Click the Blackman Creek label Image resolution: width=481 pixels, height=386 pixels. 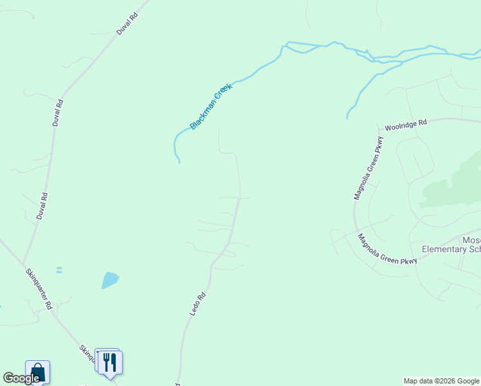pyautogui.click(x=210, y=106)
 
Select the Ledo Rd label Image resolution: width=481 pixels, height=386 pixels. pyautogui.click(x=197, y=304)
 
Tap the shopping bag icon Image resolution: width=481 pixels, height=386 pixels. pyautogui.click(x=37, y=372)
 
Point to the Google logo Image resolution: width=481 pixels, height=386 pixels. pyautogui.click(x=21, y=378)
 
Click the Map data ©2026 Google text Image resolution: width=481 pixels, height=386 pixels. pyautogui.click(x=441, y=381)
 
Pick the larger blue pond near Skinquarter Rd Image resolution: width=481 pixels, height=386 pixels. pyautogui.click(x=110, y=280)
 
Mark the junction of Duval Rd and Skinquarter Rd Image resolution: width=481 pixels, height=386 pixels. pyautogui.click(x=24, y=264)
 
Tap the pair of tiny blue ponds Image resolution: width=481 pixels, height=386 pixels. pyautogui.click(x=59, y=270)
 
